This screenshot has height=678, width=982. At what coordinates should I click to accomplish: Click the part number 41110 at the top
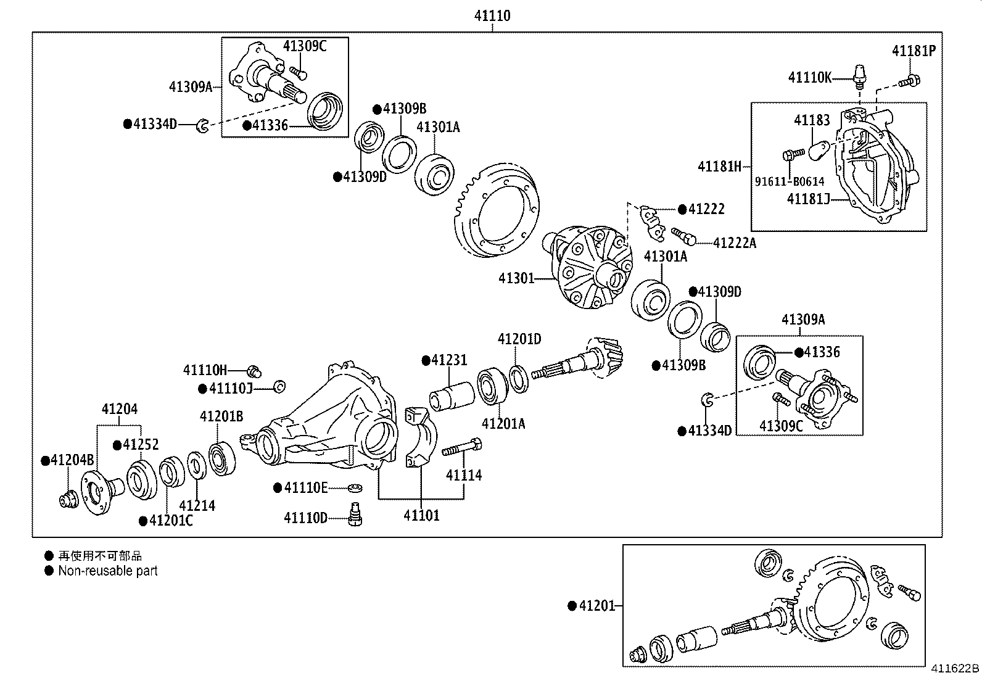pyautogui.click(x=492, y=15)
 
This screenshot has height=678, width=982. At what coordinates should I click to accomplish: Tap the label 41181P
pyautogui.click(x=913, y=51)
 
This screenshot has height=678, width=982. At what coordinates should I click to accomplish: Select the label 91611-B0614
pyautogui.click(x=790, y=181)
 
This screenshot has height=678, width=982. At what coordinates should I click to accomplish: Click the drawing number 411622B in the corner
pyautogui.click(x=954, y=669)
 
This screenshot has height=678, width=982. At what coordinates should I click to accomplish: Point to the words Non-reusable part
pyautogui.click(x=108, y=571)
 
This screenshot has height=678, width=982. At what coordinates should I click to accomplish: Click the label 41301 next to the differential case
pyautogui.click(x=516, y=279)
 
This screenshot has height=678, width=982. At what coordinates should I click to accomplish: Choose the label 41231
pyautogui.click(x=449, y=360)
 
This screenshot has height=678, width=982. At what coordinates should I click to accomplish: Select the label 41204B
pyautogui.click(x=72, y=460)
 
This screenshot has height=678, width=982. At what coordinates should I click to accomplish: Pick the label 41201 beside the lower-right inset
pyautogui.click(x=597, y=606)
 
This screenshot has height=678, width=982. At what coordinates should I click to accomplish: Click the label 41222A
pyautogui.click(x=734, y=243)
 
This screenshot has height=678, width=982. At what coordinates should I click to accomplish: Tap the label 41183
pyautogui.click(x=812, y=120)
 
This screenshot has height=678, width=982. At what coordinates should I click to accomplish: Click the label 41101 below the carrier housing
pyautogui.click(x=421, y=516)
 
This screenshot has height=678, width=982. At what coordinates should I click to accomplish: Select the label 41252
pyautogui.click(x=141, y=444)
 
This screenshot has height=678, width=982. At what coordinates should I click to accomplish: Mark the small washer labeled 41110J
pyautogui.click(x=279, y=387)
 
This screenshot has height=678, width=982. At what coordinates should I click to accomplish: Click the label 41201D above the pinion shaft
pyautogui.click(x=519, y=339)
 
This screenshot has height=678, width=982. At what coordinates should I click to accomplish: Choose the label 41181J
pyautogui.click(x=808, y=199)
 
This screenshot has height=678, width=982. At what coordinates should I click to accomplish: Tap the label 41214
pyautogui.click(x=197, y=506)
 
